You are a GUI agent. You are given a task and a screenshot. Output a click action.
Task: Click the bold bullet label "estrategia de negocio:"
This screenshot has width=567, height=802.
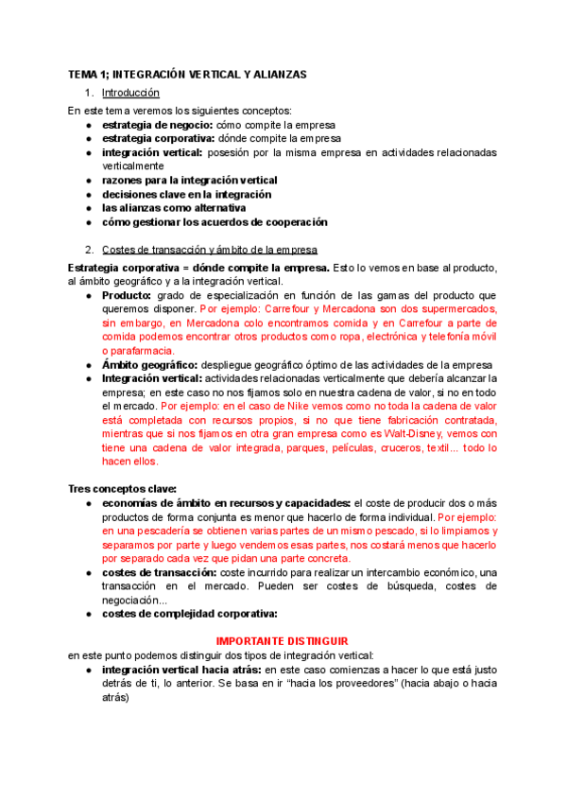(157, 124)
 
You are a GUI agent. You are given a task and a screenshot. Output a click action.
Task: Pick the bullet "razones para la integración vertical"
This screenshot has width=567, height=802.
(189, 180)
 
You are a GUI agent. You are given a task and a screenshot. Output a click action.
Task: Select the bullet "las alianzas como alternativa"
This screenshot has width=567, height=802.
(173, 208)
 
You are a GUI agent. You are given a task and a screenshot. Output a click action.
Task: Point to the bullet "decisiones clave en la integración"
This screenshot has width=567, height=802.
(186, 194)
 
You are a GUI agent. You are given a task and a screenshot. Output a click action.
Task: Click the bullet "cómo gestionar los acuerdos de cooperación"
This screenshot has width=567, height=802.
(215, 222)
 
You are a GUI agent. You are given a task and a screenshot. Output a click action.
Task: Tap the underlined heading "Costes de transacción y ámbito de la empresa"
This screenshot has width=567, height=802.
(209, 250)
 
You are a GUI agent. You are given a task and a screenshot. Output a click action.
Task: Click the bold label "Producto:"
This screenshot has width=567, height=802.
(127, 295)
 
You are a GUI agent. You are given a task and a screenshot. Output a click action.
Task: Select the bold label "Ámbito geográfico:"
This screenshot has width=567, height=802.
(154, 365)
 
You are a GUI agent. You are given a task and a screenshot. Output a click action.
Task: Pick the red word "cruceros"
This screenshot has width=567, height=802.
(389, 447)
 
